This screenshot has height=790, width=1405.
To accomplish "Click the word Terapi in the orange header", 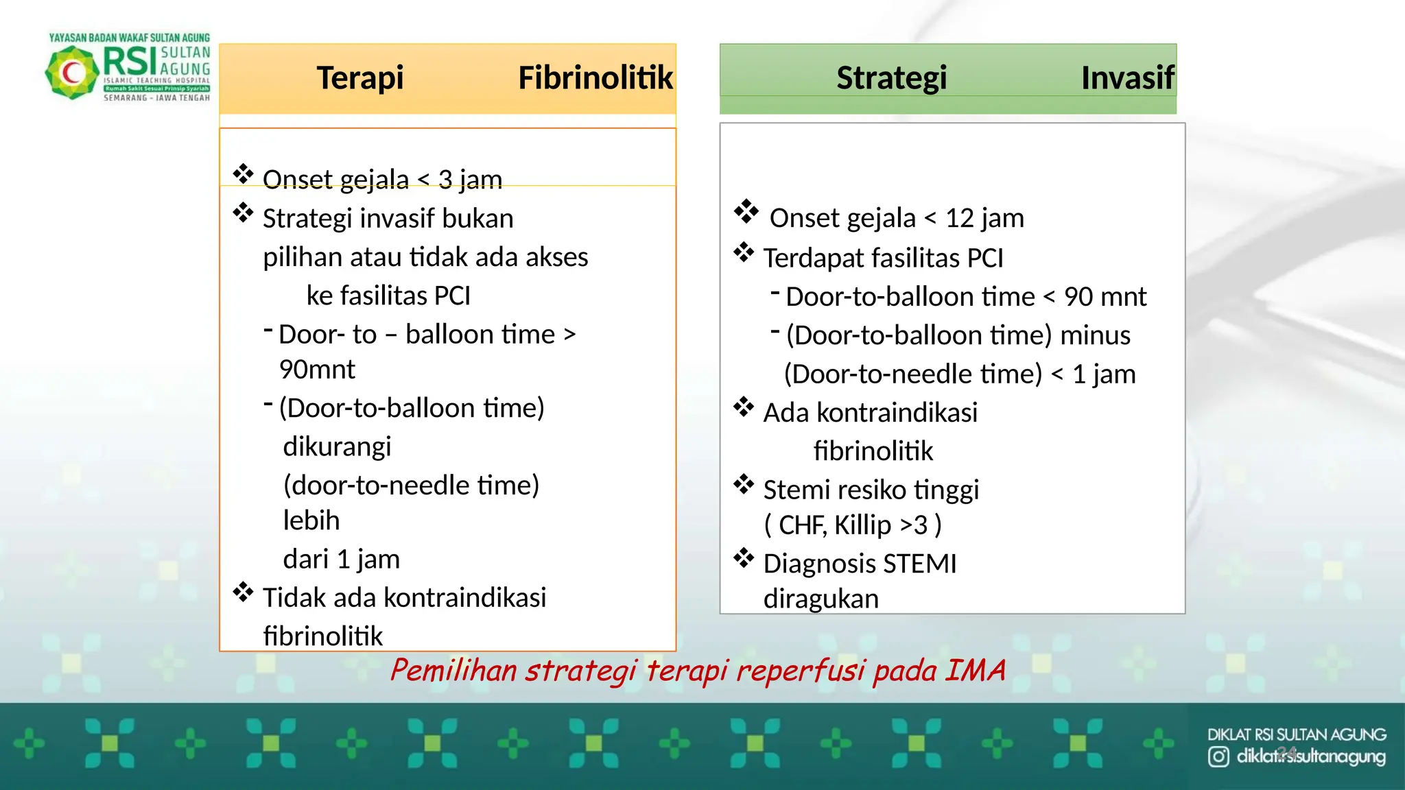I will (359, 78).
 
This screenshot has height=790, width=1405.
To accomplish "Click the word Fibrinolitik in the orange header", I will (595, 78).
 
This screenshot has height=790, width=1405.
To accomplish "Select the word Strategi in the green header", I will (891, 78).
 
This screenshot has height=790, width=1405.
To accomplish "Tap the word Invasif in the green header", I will (1127, 78).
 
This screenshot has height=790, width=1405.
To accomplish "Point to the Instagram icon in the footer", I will (1218, 757).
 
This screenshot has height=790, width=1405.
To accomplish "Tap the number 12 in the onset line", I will (959, 219).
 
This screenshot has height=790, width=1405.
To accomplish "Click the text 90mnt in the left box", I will (317, 370).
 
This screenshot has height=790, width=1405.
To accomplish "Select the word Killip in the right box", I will (862, 526).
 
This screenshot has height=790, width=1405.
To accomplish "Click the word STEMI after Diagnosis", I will (920, 564).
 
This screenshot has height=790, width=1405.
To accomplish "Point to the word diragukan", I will (820, 599).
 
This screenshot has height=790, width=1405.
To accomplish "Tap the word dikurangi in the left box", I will (337, 447).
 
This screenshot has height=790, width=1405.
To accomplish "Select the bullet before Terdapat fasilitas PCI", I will (744, 252).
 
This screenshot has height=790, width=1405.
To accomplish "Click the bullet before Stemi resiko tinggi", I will (744, 484).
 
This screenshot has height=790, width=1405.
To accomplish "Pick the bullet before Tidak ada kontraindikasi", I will (243, 592).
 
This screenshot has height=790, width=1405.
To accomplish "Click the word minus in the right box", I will (1095, 336).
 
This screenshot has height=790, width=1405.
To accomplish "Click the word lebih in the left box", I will (311, 521).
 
